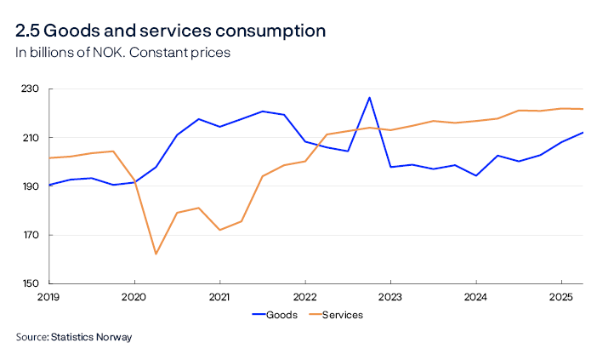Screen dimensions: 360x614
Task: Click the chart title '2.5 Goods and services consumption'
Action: pyautogui.click(x=170, y=31)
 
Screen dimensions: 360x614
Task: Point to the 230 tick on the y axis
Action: pyautogui.click(x=31, y=89)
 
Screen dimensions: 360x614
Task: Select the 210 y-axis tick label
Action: pyautogui.click(x=31, y=138)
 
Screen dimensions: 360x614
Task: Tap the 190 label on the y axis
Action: pyautogui.click(x=31, y=186)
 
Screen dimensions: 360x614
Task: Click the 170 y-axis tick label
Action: pyautogui.click(x=31, y=235)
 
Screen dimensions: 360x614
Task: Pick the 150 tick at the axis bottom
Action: pyautogui.click(x=31, y=283)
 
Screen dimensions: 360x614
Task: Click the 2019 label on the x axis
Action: pyautogui.click(x=49, y=297)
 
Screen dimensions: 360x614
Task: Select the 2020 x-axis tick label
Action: pyautogui.click(x=134, y=297)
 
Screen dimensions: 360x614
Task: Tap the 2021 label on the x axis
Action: pyautogui.click(x=219, y=297)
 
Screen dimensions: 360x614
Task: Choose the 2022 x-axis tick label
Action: pyautogui.click(x=304, y=297)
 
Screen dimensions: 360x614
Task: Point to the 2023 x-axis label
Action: pyautogui.click(x=389, y=297)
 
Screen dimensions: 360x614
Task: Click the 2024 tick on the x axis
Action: pyautogui.click(x=475, y=297)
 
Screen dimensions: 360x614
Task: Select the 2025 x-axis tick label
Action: pyautogui.click(x=560, y=297)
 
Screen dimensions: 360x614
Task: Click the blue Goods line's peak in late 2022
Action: pyautogui.click(x=369, y=98)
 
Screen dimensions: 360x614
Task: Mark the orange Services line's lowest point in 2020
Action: pyautogui.click(x=156, y=254)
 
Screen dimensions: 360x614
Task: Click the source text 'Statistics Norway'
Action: pyautogui.click(x=91, y=337)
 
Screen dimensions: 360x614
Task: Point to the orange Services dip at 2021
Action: pyautogui.click(x=219, y=230)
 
